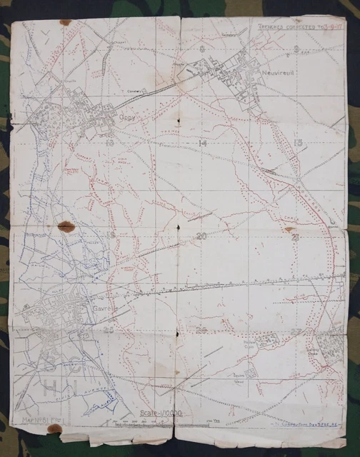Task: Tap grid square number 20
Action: tap(202, 236)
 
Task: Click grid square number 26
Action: tap(202, 330)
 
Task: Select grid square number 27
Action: tap(295, 331)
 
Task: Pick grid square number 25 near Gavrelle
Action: tap(109, 329)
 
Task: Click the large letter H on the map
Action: tap(54, 388)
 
